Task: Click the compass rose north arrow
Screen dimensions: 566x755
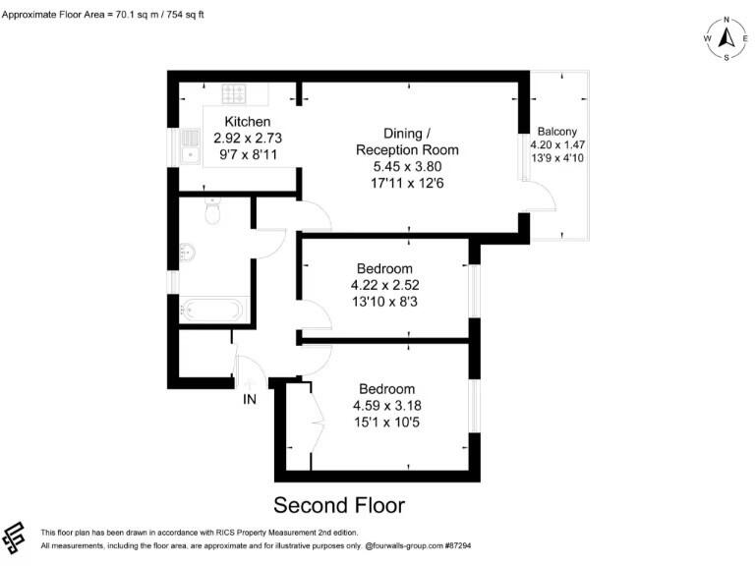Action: coord(726,38)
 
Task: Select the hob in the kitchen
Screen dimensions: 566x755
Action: coord(234,94)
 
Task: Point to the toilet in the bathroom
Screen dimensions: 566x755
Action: coord(210,213)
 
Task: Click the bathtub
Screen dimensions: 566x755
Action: coord(211,310)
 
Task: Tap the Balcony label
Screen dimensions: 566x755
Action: coord(557,132)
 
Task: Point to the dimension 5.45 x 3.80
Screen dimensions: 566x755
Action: coord(407,166)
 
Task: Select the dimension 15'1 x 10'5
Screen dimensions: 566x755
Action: coord(386,422)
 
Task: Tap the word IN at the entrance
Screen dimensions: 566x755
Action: coord(251,399)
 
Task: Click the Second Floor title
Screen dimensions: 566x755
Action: coord(338,505)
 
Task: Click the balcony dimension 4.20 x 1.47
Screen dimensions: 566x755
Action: coord(557,144)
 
